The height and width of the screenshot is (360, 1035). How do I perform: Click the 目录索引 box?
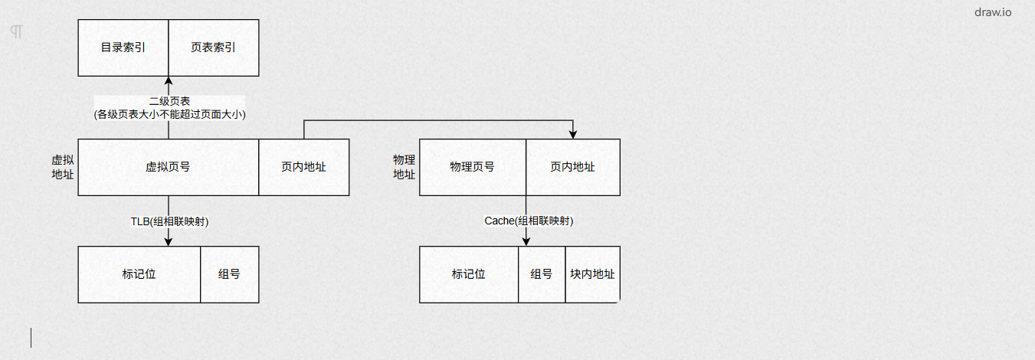(123, 47)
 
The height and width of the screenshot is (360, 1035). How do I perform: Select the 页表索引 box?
(214, 47)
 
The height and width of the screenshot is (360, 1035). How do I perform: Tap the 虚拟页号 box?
(168, 167)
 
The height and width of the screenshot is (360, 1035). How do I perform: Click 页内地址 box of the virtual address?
(303, 167)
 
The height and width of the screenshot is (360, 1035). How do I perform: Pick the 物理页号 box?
(472, 167)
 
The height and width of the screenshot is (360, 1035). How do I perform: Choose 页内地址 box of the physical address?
(572, 167)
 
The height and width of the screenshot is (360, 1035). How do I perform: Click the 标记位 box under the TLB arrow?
(139, 274)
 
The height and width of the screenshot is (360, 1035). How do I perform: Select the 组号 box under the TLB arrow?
(229, 274)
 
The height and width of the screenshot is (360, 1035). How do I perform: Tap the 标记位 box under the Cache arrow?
(469, 274)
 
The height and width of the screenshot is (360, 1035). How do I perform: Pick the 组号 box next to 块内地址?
(542, 274)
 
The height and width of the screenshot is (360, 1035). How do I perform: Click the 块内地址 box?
(592, 274)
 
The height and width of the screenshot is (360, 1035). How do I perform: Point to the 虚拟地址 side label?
(63, 167)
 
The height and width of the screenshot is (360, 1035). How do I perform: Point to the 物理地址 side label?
(404, 167)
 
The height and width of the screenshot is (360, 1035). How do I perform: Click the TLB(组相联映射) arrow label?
(169, 221)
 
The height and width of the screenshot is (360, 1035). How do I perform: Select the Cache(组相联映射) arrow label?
(529, 221)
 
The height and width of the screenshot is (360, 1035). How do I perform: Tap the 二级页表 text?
(169, 101)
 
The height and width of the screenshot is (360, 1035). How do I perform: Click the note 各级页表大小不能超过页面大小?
(169, 114)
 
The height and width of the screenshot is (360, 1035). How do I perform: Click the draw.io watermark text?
(992, 12)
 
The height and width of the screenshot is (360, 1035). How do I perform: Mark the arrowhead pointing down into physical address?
(573, 135)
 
